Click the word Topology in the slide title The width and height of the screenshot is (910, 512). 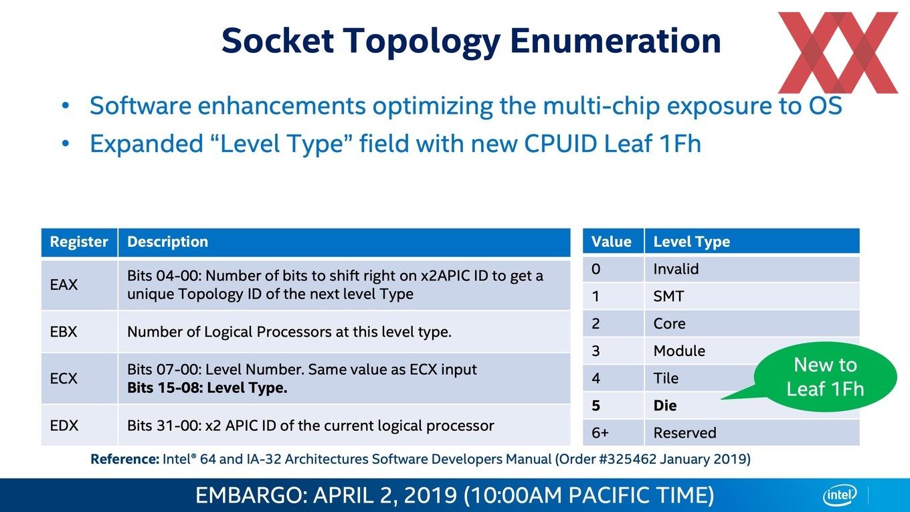click(x=422, y=41)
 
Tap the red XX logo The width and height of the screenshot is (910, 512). click(x=838, y=53)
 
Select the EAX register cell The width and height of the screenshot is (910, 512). click(x=79, y=284)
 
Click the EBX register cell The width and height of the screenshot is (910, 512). click(x=79, y=331)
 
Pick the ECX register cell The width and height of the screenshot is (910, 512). click(x=79, y=378)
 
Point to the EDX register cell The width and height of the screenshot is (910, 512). click(x=79, y=426)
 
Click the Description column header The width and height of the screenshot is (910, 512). click(x=344, y=242)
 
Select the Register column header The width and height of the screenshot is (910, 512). click(x=79, y=242)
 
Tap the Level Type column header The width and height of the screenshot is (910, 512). click(x=752, y=242)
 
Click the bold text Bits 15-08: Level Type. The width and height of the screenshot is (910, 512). click(x=207, y=388)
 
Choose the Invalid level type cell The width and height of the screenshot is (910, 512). click(x=752, y=269)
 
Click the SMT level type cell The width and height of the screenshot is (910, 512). click(x=752, y=296)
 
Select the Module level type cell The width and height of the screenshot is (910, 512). click(x=699, y=351)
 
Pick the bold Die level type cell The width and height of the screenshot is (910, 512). click(x=691, y=406)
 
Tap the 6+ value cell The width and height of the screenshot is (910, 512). click(x=613, y=433)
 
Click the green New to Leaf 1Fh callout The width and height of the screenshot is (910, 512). click(x=826, y=377)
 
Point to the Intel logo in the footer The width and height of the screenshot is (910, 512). click(x=840, y=495)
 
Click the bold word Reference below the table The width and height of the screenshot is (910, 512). click(x=124, y=459)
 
